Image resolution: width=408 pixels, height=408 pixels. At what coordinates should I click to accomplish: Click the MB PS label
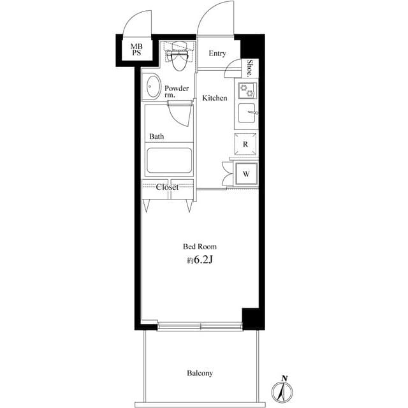pyautogui.click(x=136, y=50)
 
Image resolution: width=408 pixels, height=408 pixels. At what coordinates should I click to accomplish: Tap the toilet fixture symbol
pyautogui.click(x=177, y=57)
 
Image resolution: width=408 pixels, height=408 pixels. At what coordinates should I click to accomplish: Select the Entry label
pyautogui.click(x=217, y=54)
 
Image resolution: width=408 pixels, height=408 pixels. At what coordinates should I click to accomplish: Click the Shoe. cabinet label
pyautogui.click(x=250, y=68)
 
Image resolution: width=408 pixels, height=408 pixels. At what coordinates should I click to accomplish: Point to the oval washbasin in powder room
pyautogui.click(x=152, y=87)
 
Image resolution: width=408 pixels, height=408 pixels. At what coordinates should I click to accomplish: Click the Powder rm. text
pyautogui.click(x=176, y=92)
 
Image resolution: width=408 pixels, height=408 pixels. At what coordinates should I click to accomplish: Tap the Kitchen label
pyautogui.click(x=215, y=98)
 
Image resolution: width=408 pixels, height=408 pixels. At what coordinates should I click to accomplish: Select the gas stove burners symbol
pyautogui.click(x=246, y=91)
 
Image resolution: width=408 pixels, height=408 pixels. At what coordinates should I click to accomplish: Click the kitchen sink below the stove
pyautogui.click(x=246, y=115)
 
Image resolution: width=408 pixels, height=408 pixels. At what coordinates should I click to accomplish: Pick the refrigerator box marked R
pyautogui.click(x=245, y=144)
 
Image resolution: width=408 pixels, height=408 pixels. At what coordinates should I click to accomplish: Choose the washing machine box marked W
pyautogui.click(x=246, y=173)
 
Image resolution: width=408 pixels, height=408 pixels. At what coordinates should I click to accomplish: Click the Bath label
pyautogui.click(x=157, y=136)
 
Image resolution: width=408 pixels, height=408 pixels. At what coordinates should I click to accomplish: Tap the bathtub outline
pyautogui.click(x=169, y=161)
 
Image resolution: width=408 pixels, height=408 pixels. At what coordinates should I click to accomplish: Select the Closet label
pyautogui.click(x=167, y=187)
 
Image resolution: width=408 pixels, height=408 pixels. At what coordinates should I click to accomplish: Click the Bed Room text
pyautogui.click(x=200, y=246)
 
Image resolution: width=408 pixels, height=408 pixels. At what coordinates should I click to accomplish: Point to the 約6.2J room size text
pyautogui.click(x=200, y=260)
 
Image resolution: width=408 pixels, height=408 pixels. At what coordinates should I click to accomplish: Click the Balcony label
pyautogui.click(x=200, y=373)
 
